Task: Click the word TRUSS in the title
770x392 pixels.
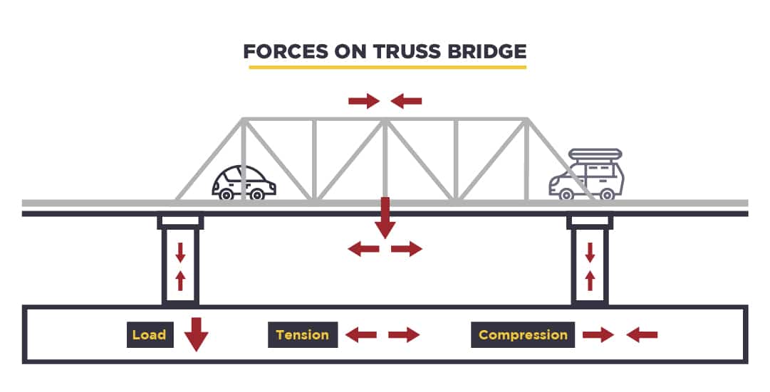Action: (x=395, y=52)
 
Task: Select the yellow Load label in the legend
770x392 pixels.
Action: (x=149, y=335)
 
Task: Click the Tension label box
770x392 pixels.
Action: (x=302, y=335)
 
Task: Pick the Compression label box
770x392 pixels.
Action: (x=523, y=335)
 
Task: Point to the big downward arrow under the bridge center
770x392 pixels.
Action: (x=385, y=218)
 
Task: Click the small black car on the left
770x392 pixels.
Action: (x=244, y=183)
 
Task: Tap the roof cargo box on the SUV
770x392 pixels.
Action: (x=594, y=154)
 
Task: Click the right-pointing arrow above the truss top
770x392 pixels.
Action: (x=363, y=102)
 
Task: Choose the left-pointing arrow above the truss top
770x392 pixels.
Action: (x=407, y=102)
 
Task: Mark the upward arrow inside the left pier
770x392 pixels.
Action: (x=180, y=280)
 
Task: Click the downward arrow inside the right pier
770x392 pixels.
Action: (x=590, y=252)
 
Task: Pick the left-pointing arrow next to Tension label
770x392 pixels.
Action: (x=361, y=335)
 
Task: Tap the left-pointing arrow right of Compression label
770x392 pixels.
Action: (x=642, y=335)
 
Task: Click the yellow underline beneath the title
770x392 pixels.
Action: (x=387, y=67)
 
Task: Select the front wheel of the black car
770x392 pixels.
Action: (x=257, y=194)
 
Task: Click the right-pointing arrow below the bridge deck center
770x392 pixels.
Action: (x=407, y=249)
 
